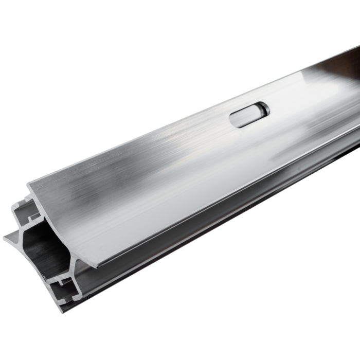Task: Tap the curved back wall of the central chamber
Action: pos(57,242)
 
